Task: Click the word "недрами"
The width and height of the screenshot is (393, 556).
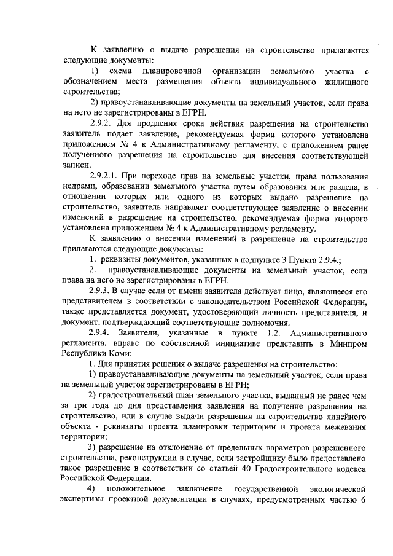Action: pyautogui.click(x=78, y=186)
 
